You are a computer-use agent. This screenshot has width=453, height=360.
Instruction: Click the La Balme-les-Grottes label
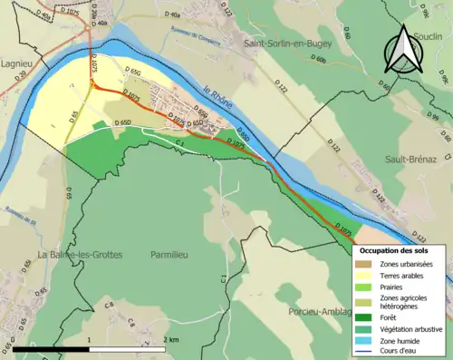[x=80, y=255]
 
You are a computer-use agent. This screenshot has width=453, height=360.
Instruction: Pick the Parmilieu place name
[x=175, y=255]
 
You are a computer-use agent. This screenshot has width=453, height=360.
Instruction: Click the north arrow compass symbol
[x=400, y=50]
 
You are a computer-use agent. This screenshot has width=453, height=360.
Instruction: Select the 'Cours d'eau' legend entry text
[x=402, y=350]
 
